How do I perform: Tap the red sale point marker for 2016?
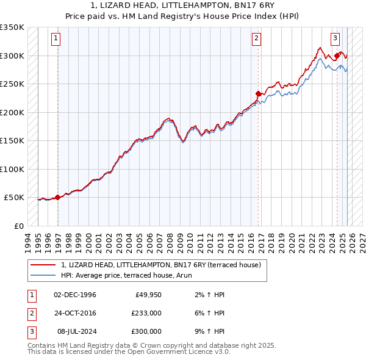[x=258, y=93]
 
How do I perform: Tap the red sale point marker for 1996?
[x=57, y=197]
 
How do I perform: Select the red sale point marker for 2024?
[x=337, y=56]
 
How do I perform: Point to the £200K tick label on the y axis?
[x=12, y=112]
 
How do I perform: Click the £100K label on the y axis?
[x=12, y=169]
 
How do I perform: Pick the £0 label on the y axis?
[x=18, y=226]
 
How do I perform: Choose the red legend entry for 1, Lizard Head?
[x=160, y=265]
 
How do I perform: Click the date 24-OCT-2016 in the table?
[x=75, y=313]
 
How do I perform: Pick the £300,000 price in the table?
[x=146, y=331]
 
